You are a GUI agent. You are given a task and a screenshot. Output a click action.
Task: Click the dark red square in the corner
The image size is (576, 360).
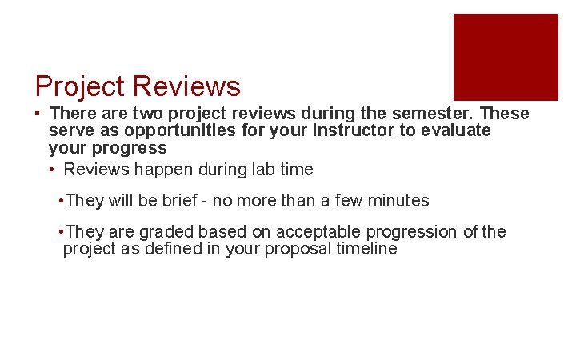(x=506, y=56)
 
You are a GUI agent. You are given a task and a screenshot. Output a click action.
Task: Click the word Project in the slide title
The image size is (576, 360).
(x=80, y=86)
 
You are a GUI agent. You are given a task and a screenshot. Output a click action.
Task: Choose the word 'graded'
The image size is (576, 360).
(x=167, y=232)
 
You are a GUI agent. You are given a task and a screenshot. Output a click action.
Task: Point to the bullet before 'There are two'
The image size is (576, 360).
(x=38, y=114)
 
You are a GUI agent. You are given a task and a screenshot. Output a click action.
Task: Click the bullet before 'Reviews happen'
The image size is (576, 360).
(x=53, y=170)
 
